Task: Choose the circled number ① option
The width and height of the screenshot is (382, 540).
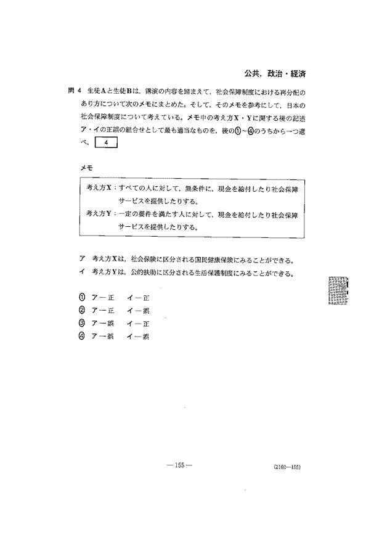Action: coord(81,298)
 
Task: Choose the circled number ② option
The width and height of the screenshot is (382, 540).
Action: coord(81,311)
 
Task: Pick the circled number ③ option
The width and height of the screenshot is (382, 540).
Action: coord(81,323)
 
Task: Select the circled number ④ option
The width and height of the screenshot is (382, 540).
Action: coord(81,336)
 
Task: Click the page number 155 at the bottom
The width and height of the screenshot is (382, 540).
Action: coord(179,464)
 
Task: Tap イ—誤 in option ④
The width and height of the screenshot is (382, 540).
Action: coord(134,336)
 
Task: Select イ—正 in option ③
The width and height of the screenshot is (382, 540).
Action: coord(134,323)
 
